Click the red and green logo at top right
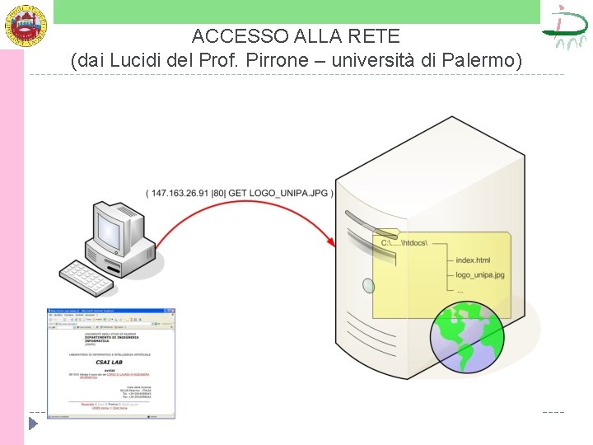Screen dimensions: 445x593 coord(565,26)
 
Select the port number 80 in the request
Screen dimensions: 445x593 coord(218,194)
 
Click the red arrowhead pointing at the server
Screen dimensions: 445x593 coord(331,242)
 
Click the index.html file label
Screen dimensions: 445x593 coord(473,260)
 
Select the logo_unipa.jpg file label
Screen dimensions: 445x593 coord(480,275)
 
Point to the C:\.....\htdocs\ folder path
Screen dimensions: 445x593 coord(404,242)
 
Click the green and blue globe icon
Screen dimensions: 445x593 coord(467,338)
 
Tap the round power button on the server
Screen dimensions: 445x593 coord(369,286)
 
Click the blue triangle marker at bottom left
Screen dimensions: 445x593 coord(33,424)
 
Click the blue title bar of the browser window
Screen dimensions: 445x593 coord(111,311)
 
